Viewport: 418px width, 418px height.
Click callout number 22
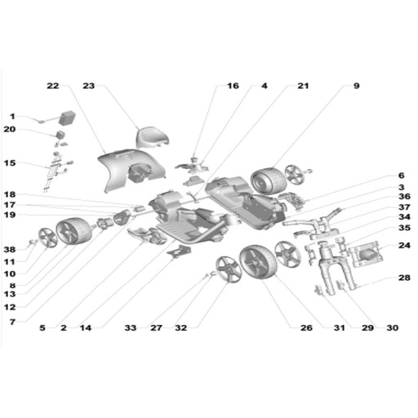[53, 86]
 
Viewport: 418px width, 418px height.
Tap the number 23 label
[89, 86]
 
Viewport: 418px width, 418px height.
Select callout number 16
[233, 86]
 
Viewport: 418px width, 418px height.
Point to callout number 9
[357, 86]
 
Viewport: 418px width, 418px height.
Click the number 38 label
[10, 250]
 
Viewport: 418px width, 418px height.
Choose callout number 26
[306, 328]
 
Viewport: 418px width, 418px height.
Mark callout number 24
[404, 246]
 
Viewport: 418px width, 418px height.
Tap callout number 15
[10, 163]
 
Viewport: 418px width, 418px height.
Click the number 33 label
[131, 328]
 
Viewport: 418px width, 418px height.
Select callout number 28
[404, 278]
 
